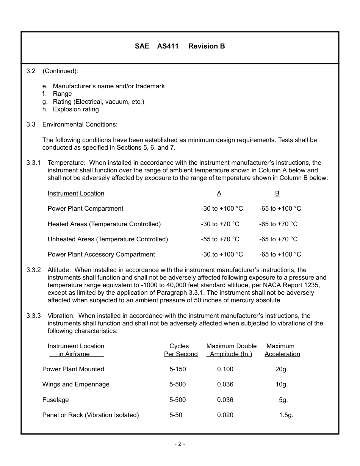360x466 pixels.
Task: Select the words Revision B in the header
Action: (x=207, y=46)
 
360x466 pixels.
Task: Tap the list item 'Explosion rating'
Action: (x=76, y=109)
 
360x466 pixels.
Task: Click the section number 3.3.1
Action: (x=33, y=163)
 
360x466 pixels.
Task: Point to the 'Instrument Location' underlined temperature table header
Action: (x=76, y=194)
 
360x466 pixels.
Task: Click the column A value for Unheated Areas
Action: (x=220, y=239)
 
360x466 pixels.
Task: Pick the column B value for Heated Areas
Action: (x=278, y=224)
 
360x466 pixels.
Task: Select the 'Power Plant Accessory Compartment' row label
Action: (x=101, y=255)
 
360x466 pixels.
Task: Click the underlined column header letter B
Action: (x=277, y=194)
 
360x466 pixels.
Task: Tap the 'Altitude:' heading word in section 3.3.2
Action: (x=59, y=270)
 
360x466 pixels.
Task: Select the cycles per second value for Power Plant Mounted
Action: (x=177, y=369)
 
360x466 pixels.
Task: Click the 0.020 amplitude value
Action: (x=225, y=415)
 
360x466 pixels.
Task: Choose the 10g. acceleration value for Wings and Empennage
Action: (x=281, y=385)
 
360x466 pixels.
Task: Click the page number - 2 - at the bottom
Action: (x=180, y=444)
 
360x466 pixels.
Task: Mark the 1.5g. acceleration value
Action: (x=286, y=415)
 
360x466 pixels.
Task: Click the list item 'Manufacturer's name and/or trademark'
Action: (x=108, y=86)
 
